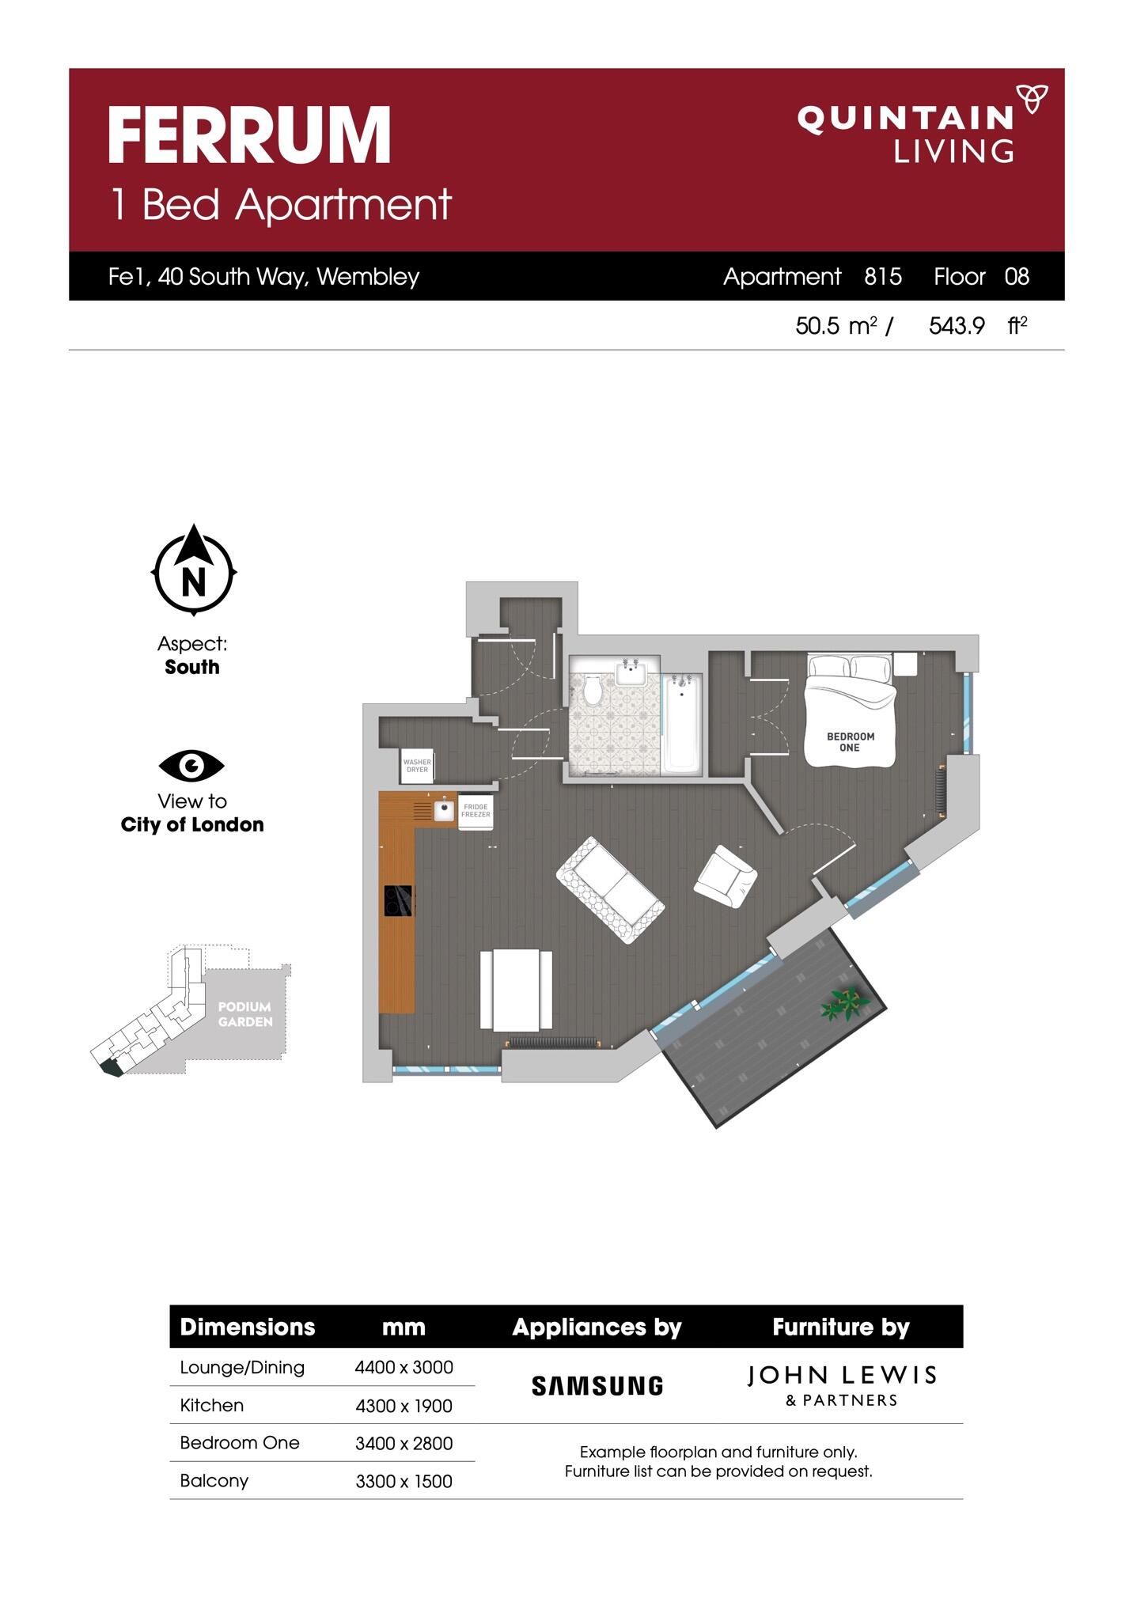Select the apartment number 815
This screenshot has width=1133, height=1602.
coord(883,276)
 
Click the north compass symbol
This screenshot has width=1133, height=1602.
coord(194,570)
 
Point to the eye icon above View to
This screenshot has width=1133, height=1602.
coord(191,765)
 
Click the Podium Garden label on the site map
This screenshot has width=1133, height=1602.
coord(245,1014)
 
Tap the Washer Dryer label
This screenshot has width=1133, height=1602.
coord(417,766)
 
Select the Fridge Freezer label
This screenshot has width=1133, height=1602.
coord(476,811)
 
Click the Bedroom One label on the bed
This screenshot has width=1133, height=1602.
coord(851,742)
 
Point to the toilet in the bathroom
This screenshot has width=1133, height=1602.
coord(593,689)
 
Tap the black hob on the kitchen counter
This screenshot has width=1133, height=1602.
coord(398,900)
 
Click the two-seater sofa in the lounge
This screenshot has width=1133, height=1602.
coord(610,890)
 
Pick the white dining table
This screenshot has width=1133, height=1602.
coord(516,990)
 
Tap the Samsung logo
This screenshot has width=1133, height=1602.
coord(597,1385)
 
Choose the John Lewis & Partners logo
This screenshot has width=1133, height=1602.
coord(842,1385)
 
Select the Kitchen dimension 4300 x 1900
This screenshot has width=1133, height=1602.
coord(404,1406)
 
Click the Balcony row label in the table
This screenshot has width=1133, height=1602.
coord(214,1480)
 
